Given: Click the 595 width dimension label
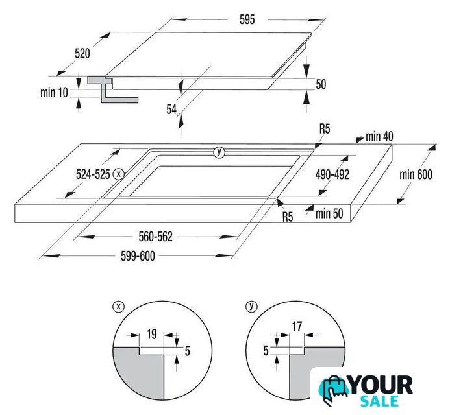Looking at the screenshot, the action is click(x=247, y=19).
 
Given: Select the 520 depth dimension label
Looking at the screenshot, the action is click(x=82, y=53).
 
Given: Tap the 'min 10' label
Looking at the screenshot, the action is click(x=54, y=93).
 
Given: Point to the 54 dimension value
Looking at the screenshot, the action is click(x=171, y=109).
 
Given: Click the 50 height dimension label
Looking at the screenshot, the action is click(x=321, y=84).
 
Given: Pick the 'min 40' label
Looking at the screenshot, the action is click(x=379, y=136).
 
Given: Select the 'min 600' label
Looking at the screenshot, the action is click(x=416, y=174).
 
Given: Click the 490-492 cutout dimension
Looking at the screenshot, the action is click(x=332, y=174).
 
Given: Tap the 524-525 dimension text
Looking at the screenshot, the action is click(x=93, y=174).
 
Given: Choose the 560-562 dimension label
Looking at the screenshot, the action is click(x=156, y=237).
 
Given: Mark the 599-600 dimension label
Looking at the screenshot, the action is click(x=138, y=256).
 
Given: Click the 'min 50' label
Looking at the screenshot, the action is click(x=329, y=213).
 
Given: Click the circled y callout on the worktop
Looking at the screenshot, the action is click(x=219, y=152).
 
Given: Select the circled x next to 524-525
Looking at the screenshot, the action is click(x=119, y=174).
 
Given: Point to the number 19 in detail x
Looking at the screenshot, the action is click(x=151, y=334).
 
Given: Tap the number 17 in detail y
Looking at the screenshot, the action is click(x=297, y=326).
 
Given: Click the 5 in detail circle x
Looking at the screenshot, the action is click(x=187, y=351).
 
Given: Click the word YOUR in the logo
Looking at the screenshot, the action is click(x=381, y=385).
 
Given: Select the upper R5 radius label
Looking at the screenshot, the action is click(x=325, y=129).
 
